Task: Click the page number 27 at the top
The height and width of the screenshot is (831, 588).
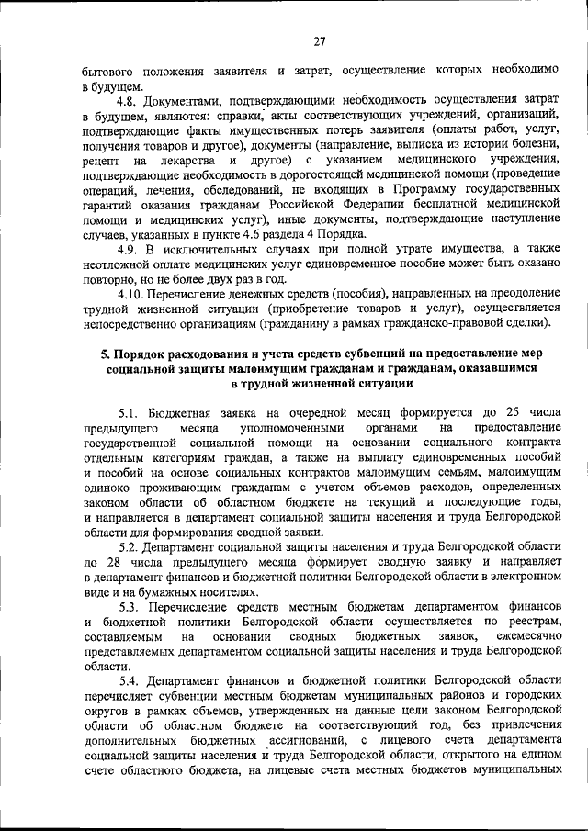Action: pos(320,40)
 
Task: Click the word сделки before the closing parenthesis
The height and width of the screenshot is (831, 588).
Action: pos(527,323)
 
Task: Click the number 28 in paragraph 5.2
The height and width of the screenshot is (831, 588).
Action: pos(110,561)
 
